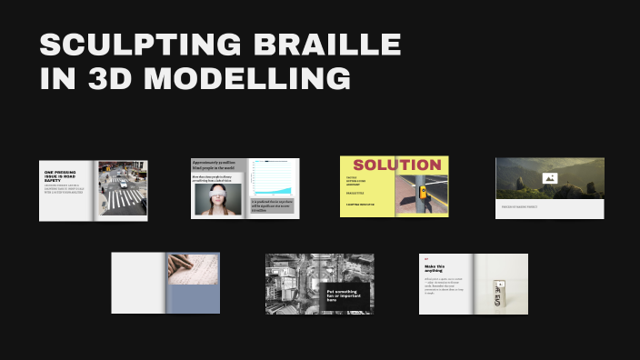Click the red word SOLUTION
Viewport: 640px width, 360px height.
pos(396,165)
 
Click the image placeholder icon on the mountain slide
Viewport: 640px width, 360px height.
pos(549,178)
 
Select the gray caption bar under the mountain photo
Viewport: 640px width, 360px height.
pos(549,208)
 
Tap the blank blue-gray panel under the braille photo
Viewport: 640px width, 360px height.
pos(193,301)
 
